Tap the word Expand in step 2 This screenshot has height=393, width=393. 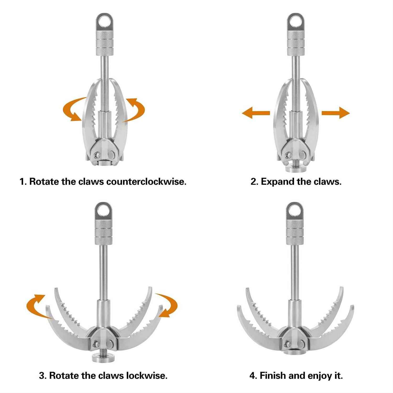click(x=277, y=182)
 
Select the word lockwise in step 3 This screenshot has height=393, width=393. click(x=146, y=376)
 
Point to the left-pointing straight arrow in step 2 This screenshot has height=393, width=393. click(x=255, y=113)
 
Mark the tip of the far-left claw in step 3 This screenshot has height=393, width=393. click(x=47, y=307)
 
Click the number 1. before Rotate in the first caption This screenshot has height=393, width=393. click(x=23, y=182)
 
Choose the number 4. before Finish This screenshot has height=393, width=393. click(x=253, y=376)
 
